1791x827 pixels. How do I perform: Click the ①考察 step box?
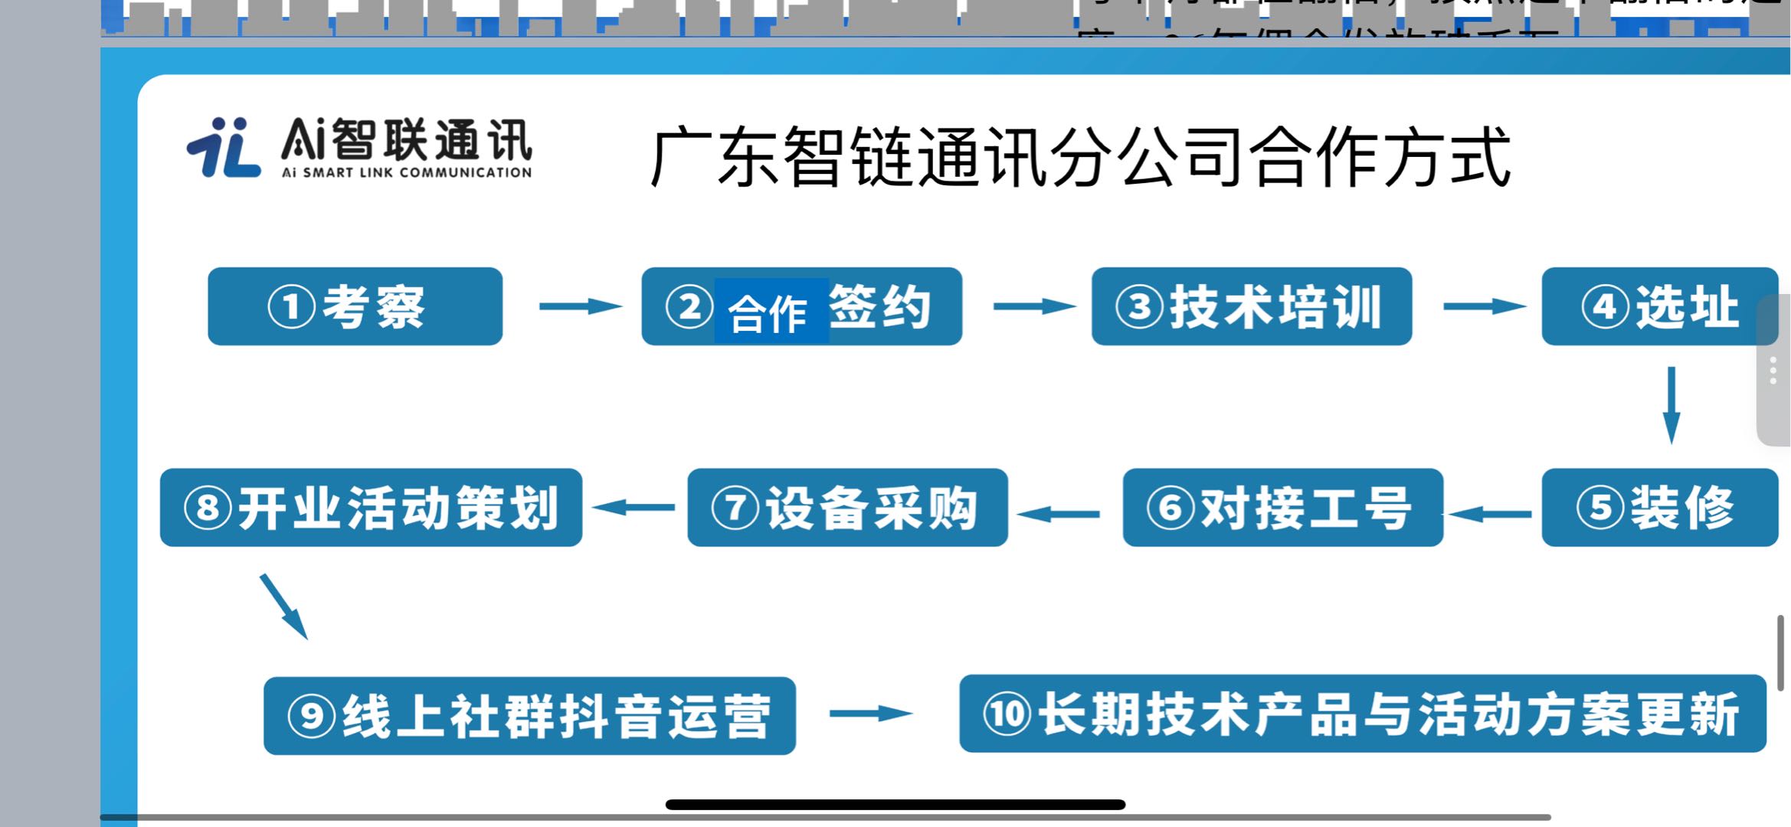coord(355,306)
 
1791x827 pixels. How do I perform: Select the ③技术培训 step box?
coord(1251,306)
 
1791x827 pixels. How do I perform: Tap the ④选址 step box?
coord(1658,306)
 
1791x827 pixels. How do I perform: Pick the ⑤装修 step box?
coord(1658,507)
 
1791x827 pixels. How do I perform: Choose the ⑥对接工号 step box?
coord(1282,507)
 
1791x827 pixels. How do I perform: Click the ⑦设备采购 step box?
coord(847,507)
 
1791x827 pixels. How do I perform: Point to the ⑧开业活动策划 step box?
coord(371,507)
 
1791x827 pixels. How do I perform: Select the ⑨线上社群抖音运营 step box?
coord(529,715)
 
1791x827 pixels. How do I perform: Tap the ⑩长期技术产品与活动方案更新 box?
coord(1362,714)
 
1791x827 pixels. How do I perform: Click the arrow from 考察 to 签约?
coord(580,306)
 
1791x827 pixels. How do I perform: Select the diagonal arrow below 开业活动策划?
coord(283,606)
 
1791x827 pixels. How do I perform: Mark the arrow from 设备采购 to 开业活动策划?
coord(634,507)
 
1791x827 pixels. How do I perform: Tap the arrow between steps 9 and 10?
coord(870,714)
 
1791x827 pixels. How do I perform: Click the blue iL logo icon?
coord(223,147)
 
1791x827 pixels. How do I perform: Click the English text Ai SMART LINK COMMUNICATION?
coord(406,173)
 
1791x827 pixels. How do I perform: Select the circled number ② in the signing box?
coord(689,306)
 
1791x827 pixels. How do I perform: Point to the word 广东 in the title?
coord(715,158)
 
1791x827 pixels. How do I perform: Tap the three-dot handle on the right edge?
coord(1773,371)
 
